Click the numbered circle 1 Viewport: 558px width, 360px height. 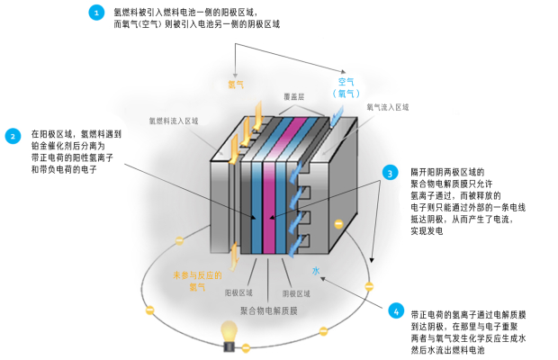coord(97,13)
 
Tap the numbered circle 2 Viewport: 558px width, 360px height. coord(13,137)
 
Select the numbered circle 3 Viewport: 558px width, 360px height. coord(390,172)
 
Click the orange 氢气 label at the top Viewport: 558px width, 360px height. coord(236,85)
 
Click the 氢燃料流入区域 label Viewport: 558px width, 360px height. coord(174,120)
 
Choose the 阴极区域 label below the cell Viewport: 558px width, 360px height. coord(297,293)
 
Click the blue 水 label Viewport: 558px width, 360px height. coord(317,270)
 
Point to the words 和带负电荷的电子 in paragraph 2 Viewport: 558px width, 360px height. coord(63,169)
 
